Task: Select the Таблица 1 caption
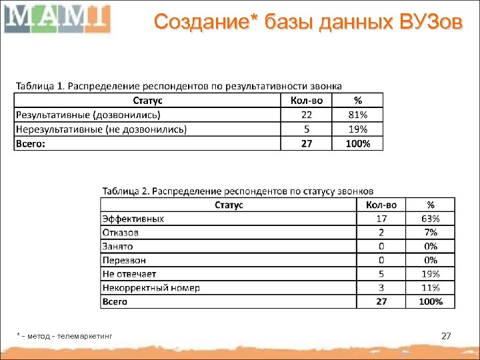click(x=179, y=86)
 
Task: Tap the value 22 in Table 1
click(x=307, y=115)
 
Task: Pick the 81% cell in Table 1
click(x=358, y=115)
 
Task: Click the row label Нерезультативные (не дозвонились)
click(x=101, y=129)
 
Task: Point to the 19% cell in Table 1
click(x=358, y=129)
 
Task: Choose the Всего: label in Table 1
click(x=31, y=143)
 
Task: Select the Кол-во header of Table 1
click(x=307, y=101)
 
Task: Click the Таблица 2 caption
click(x=237, y=191)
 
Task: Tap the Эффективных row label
click(x=133, y=219)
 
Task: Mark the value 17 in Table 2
click(x=381, y=219)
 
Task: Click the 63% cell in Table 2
click(x=430, y=219)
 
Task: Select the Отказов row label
click(x=121, y=233)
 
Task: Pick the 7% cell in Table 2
click(x=430, y=233)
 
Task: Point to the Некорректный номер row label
click(x=151, y=288)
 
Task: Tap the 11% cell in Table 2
click(x=430, y=288)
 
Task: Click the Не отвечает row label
click(x=129, y=274)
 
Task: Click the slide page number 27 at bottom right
click(x=447, y=336)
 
